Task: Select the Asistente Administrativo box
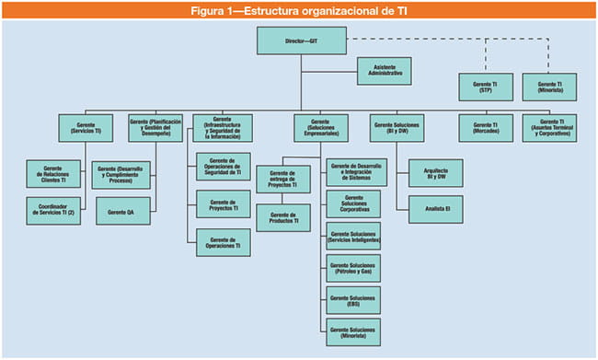click(x=385, y=72)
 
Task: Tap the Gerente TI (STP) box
click(x=485, y=87)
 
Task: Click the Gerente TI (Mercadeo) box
click(x=485, y=128)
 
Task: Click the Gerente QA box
click(x=122, y=211)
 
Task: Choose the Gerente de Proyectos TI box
click(x=224, y=203)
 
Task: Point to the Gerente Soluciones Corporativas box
click(x=352, y=203)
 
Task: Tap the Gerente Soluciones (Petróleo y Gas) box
click(x=352, y=269)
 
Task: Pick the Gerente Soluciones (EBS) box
click(x=352, y=301)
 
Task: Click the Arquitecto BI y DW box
click(x=430, y=172)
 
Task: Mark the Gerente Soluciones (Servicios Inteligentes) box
click(x=352, y=237)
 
